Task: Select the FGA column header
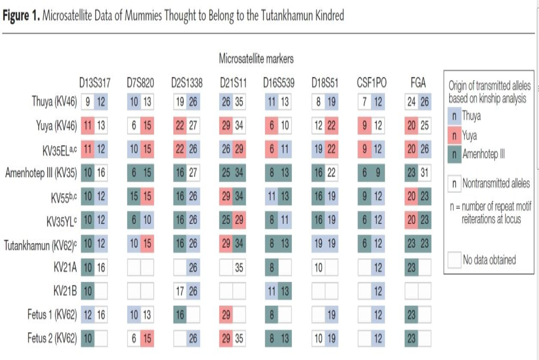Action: [418, 84]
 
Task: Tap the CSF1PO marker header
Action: [371, 84]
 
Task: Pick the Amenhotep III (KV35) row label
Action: [40, 173]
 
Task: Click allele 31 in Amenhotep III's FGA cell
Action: [424, 173]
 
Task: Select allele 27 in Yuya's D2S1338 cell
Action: [194, 125]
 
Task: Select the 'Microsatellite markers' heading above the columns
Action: [256, 58]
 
